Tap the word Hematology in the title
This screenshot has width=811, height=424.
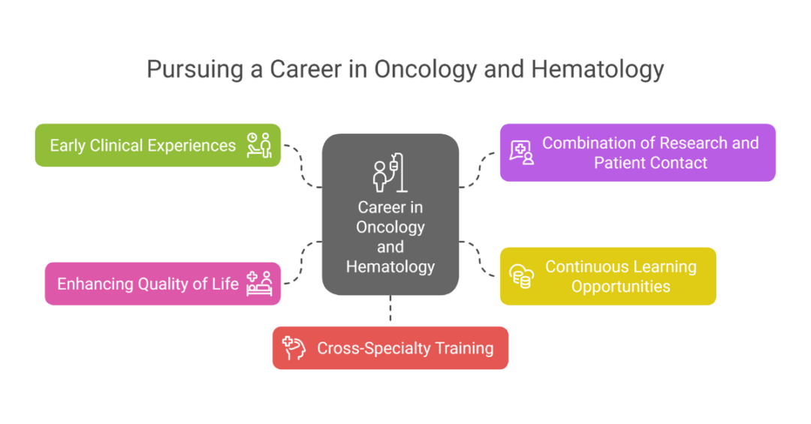[x=598, y=69]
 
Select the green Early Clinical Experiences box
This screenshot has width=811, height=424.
[x=143, y=145]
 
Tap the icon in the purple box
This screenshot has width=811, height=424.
[x=522, y=152]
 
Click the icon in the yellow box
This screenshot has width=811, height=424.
[x=522, y=276]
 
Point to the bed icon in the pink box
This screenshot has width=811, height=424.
[x=260, y=284]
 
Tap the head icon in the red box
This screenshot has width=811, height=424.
[x=293, y=348]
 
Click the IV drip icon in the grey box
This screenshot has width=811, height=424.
[x=390, y=174]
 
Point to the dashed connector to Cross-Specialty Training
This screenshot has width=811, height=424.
[x=390, y=310]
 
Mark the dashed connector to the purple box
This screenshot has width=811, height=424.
[x=479, y=169]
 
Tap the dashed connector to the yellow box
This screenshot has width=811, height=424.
[x=479, y=258]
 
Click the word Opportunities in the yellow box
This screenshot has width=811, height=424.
[x=620, y=286]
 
